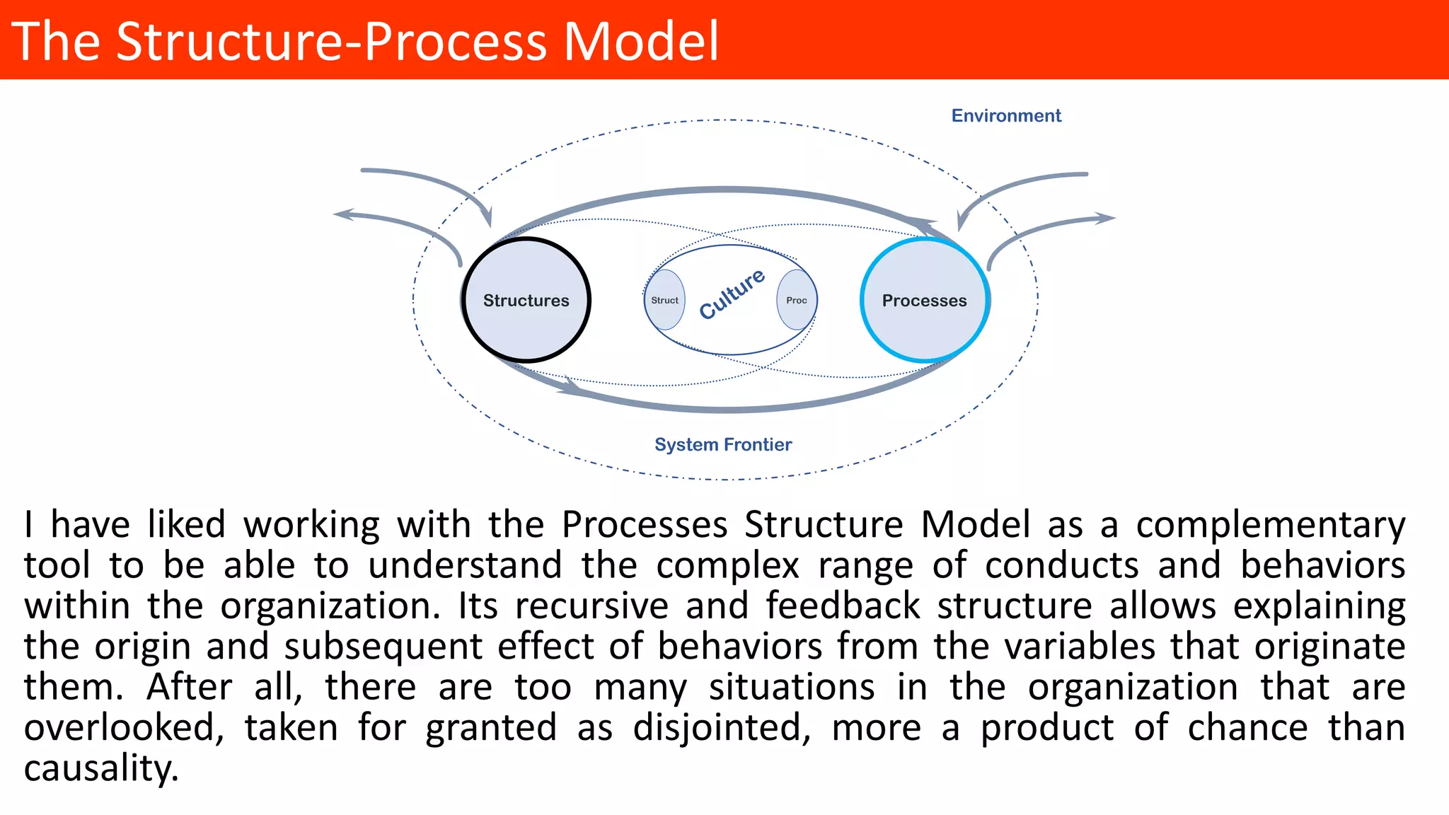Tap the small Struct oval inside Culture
pyautogui.click(x=664, y=300)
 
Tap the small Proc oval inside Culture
pyautogui.click(x=797, y=300)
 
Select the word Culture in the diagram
pyautogui.click(x=732, y=294)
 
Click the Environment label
pyautogui.click(x=1005, y=116)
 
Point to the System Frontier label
pyautogui.click(x=722, y=445)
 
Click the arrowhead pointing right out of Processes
pyautogui.click(x=1106, y=218)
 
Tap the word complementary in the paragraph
pyautogui.click(x=1270, y=526)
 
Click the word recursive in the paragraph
pyautogui.click(x=591, y=606)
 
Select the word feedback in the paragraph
pyautogui.click(x=843, y=606)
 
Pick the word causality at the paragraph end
pyautogui.click(x=100, y=769)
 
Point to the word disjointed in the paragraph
pyautogui.click(x=721, y=728)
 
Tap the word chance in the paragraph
pyautogui.click(x=1247, y=728)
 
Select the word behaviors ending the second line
pyautogui.click(x=1322, y=566)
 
